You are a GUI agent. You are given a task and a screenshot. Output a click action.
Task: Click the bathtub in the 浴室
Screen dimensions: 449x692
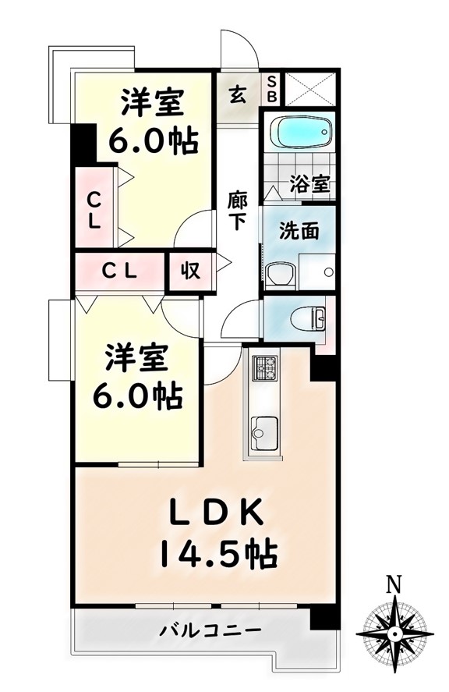[300, 132]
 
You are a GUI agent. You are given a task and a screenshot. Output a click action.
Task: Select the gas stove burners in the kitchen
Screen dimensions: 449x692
[264, 367]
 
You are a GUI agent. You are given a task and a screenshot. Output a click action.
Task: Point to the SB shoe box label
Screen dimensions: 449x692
[272, 89]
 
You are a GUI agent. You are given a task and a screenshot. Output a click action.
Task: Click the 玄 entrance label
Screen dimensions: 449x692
[237, 94]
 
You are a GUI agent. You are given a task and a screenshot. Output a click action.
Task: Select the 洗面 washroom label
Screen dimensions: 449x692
[299, 230]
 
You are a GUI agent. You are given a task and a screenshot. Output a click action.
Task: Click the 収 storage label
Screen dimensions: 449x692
[190, 270]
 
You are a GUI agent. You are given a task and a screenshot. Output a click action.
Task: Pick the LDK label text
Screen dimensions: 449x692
[216, 512]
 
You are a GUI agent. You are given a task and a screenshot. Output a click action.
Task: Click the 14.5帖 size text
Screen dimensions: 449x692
[218, 552]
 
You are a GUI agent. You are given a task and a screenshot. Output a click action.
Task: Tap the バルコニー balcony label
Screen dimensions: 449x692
[210, 630]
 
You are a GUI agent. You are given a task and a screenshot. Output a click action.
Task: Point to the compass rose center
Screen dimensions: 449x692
[394, 634]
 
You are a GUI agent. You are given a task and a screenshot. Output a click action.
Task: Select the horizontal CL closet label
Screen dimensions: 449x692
[119, 271]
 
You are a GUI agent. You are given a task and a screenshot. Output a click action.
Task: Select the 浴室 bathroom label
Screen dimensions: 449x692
[309, 184]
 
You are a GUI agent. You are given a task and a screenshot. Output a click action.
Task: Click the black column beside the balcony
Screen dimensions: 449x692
[324, 617]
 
